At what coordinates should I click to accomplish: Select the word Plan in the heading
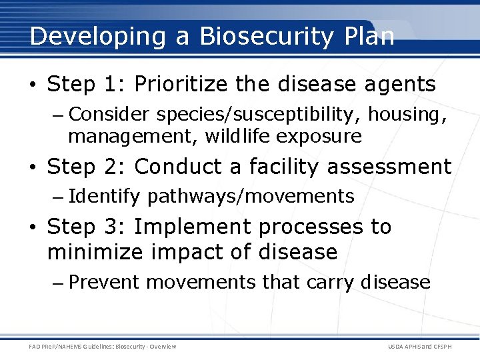point(370,36)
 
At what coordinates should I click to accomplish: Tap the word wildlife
point(237,137)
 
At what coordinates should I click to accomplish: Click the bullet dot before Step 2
point(33,167)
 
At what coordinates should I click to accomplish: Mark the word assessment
point(389,167)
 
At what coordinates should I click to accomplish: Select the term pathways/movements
point(251,197)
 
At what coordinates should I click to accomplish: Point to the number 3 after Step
point(114,227)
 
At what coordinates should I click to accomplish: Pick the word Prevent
point(104,282)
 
